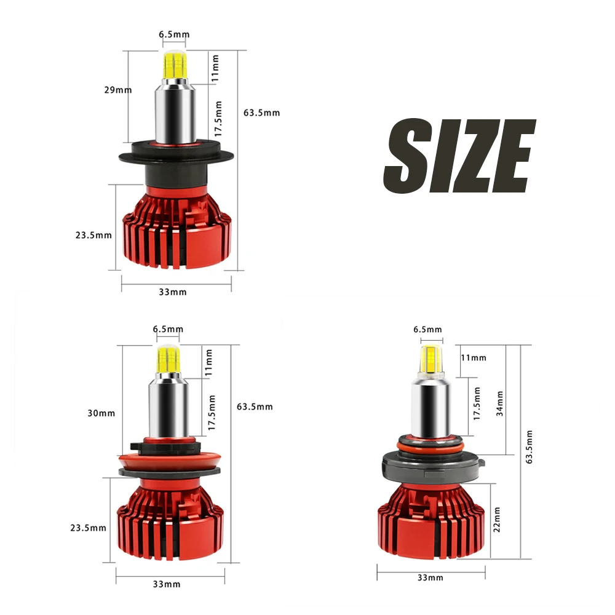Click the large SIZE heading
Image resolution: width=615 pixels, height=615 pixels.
point(459,156)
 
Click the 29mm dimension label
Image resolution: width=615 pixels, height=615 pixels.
point(118,90)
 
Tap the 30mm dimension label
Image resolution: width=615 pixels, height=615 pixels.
point(101,413)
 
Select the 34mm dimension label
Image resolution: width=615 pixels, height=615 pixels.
point(499,403)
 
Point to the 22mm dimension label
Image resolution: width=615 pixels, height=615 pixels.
point(496,519)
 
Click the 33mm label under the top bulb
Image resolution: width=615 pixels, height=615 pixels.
point(173,292)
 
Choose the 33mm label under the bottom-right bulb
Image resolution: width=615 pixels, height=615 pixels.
point(430,577)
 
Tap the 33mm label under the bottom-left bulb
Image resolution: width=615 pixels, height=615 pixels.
point(167,584)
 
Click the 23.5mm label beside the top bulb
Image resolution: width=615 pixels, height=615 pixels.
point(93,236)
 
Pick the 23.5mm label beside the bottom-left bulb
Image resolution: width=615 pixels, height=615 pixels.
point(88,528)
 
